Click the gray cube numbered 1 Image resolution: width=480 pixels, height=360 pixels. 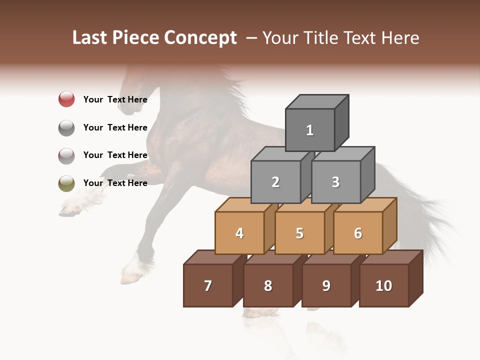(x=310, y=130)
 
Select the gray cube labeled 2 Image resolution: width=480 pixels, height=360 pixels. (x=275, y=182)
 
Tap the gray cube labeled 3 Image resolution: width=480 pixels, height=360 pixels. (x=335, y=182)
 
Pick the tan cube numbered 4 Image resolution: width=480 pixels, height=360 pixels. (x=239, y=233)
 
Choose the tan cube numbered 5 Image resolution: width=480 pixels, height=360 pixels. (x=299, y=233)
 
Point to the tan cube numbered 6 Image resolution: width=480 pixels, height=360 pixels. (x=358, y=233)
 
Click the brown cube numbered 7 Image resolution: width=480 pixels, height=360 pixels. (x=208, y=285)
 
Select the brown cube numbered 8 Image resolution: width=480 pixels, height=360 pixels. (x=268, y=285)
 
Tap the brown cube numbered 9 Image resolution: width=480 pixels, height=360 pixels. (x=326, y=285)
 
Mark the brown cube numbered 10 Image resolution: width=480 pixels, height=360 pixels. (x=384, y=285)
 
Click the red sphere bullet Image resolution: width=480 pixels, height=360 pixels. (x=66, y=99)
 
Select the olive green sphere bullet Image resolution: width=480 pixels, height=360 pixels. (x=66, y=183)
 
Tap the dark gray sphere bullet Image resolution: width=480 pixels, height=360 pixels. (x=66, y=127)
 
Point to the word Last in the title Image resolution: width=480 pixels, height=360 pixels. (x=90, y=38)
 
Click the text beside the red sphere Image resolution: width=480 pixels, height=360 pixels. (x=115, y=99)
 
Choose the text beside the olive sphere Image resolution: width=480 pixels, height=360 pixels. (x=115, y=183)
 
